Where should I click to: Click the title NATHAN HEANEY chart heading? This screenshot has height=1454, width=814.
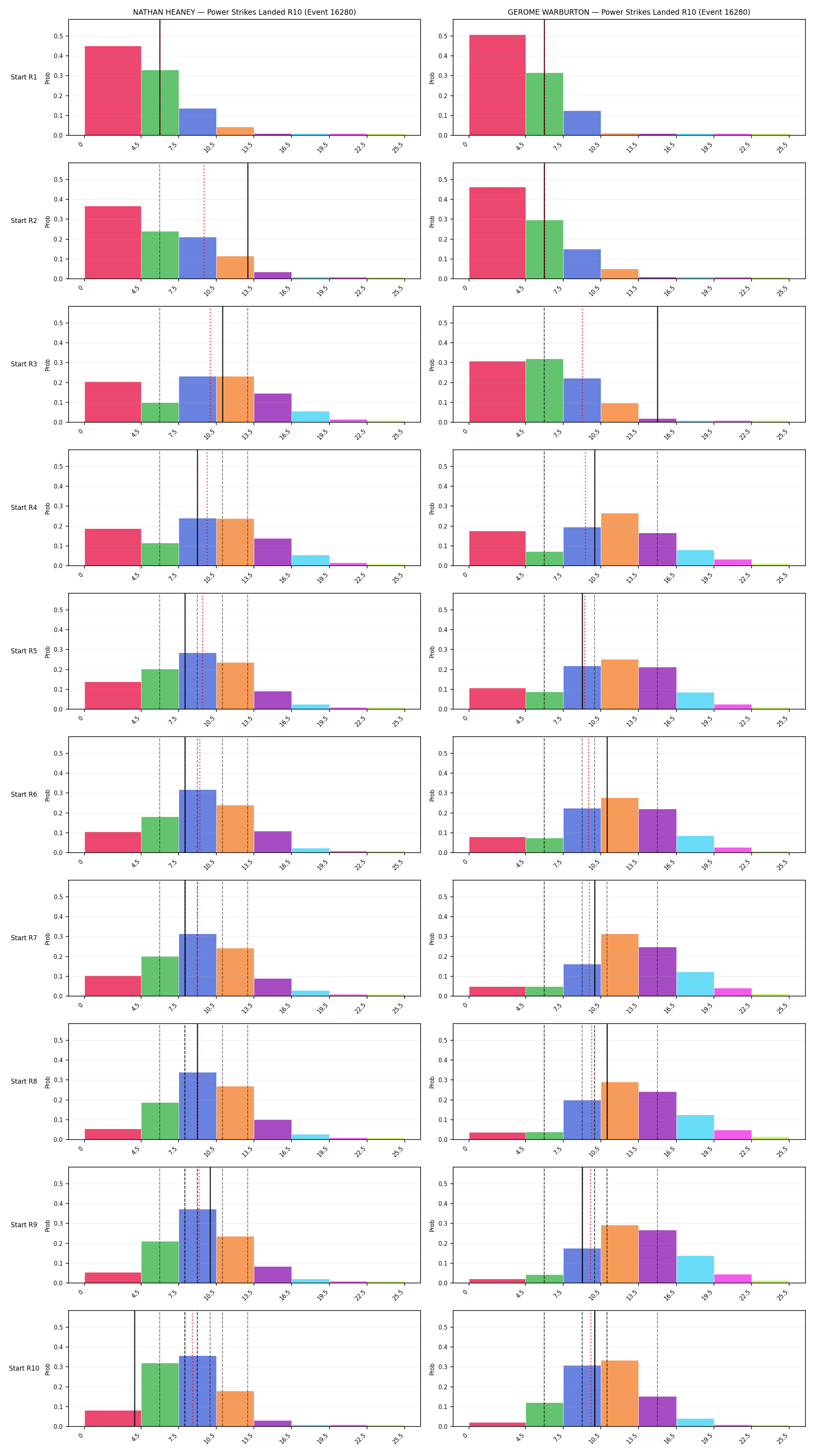(244, 12)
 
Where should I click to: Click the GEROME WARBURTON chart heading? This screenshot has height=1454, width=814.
(628, 12)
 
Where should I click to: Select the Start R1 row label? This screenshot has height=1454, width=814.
(24, 77)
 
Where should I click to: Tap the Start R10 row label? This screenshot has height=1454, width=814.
(24, 1368)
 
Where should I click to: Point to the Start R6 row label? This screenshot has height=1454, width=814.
(24, 794)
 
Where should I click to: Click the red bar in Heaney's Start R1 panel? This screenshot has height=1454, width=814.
(113, 91)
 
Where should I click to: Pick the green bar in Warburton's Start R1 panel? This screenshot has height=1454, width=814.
(544, 104)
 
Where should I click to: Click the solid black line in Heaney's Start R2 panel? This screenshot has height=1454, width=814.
(248, 221)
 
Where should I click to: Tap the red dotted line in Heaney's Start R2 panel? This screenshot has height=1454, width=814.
(204, 221)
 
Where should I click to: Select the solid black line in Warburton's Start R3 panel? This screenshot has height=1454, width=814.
(657, 364)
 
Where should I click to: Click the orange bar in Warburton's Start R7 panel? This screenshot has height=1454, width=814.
(619, 965)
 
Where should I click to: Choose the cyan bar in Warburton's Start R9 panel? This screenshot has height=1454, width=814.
(695, 1269)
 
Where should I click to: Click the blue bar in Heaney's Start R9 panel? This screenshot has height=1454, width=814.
(197, 1246)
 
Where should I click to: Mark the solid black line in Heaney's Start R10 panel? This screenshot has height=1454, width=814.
(134, 1368)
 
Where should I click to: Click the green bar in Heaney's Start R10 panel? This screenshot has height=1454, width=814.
(160, 1395)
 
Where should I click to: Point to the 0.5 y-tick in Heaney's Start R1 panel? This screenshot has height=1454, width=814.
(58, 36)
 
